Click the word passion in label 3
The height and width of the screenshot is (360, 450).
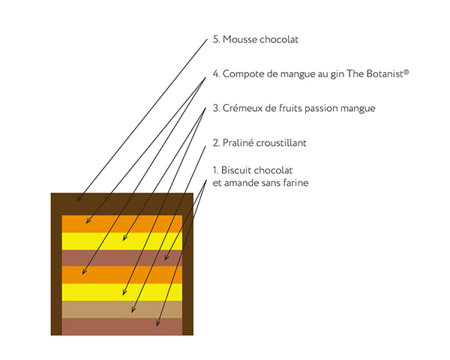[x=332, y=109]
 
